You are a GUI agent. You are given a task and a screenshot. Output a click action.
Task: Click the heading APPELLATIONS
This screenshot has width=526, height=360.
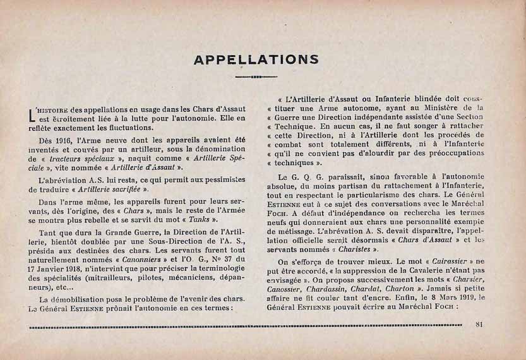click(x=256, y=60)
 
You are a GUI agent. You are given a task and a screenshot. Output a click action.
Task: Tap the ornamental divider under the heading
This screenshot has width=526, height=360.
click(x=256, y=77)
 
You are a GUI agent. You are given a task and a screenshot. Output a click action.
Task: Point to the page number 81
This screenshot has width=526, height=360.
click(x=479, y=325)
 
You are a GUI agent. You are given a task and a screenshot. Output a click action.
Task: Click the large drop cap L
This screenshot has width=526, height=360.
click(x=32, y=114)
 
